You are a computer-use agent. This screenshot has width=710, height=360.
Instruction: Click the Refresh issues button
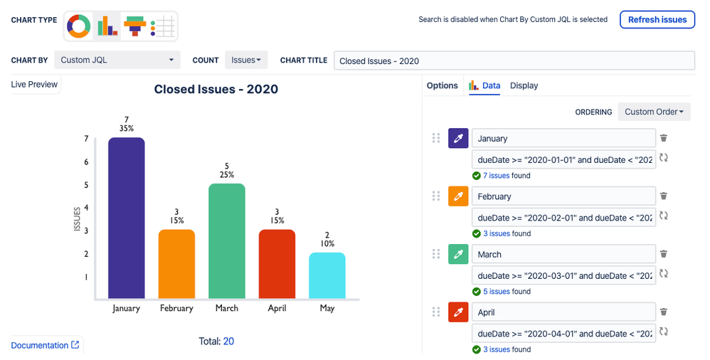coord(657,20)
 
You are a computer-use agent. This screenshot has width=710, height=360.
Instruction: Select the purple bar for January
coord(127,218)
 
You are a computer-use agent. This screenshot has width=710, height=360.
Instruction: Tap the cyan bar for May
coord(327,275)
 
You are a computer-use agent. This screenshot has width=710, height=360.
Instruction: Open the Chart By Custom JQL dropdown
coord(117,60)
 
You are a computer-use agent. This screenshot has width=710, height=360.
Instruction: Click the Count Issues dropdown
coord(246,60)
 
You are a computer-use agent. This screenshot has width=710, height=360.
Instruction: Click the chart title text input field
coord(514,60)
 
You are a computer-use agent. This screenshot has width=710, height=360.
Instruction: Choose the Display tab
coord(524,85)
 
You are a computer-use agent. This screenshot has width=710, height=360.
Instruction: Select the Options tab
coord(442,85)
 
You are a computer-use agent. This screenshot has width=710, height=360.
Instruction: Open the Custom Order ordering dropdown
coord(654,112)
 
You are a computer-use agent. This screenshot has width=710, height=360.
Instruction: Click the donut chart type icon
coord(79,26)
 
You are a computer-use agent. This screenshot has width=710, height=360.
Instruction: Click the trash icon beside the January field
coord(664,138)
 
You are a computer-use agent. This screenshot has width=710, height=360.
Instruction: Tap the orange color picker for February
coord(458,196)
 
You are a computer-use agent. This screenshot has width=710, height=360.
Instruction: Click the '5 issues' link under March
coord(497,292)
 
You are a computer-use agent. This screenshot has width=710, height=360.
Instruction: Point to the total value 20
coord(228,342)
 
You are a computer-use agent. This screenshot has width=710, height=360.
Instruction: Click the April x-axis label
coord(277,308)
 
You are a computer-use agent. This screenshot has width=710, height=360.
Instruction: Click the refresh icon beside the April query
coord(664,332)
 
